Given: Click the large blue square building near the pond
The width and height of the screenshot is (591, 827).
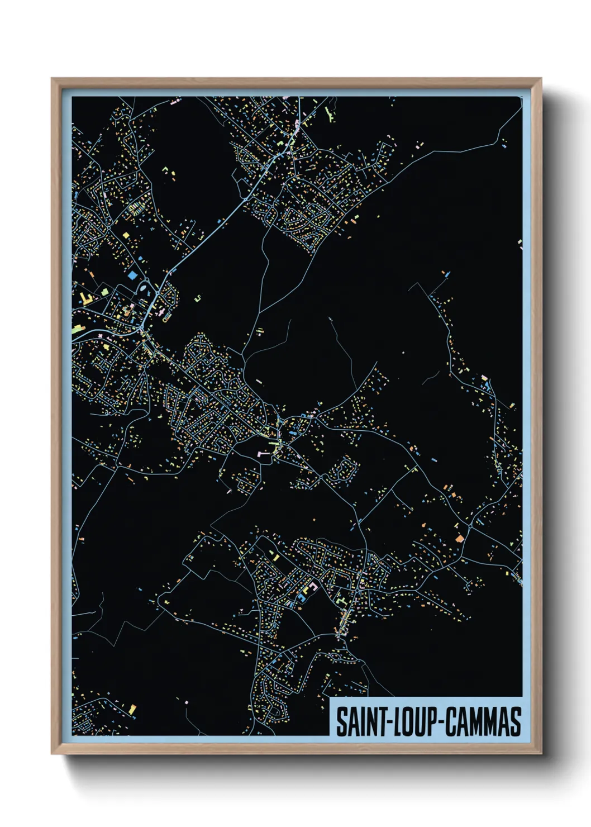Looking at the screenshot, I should point(132,275).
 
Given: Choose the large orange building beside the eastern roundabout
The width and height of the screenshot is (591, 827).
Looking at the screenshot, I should point(460,539).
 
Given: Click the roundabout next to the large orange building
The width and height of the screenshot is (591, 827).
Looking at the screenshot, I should point(470,525).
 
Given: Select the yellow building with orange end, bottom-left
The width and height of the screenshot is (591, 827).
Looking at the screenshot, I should point(132,710).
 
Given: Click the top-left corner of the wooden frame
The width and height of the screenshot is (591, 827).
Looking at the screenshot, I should point(52,79).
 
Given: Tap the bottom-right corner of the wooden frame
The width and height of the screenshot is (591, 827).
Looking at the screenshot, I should point(541,754).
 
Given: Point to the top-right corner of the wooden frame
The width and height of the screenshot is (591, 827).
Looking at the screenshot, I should point(541,79).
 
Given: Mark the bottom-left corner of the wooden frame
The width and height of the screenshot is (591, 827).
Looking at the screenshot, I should point(52,754).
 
